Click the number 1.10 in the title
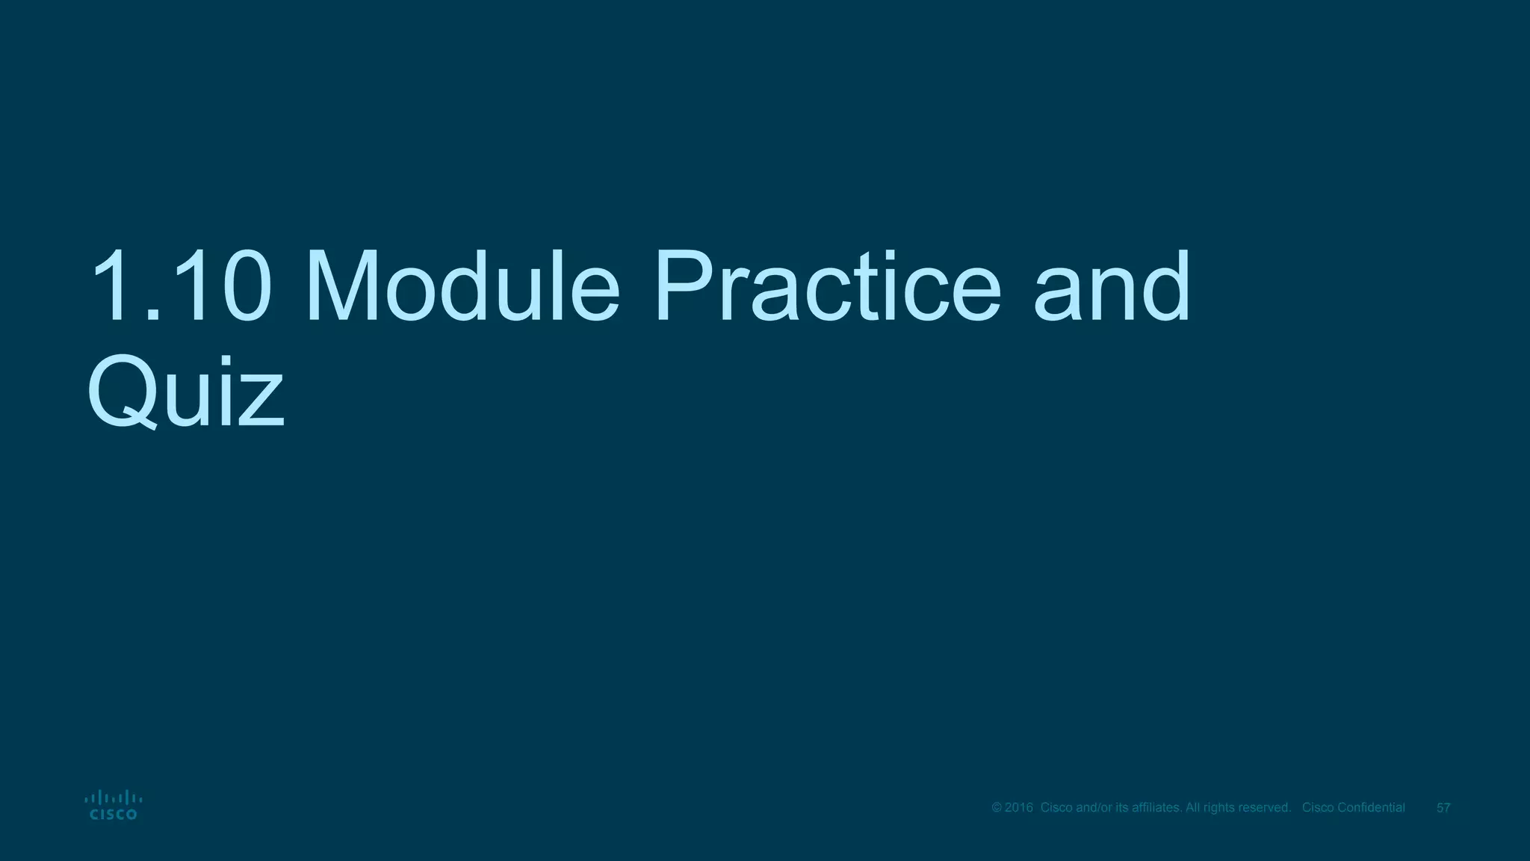coord(179,288)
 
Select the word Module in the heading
coord(462,288)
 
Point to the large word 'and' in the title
coord(1112,288)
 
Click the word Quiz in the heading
coord(185,392)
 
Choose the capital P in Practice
coord(681,288)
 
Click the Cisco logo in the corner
coord(114,805)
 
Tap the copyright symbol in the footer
coord(997,808)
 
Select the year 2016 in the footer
coord(1019,808)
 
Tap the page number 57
coord(1443,808)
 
